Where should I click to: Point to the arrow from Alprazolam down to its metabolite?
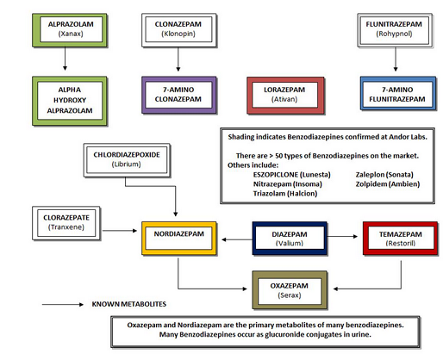click(x=65, y=59)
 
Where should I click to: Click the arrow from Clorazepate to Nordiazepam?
click(x=120, y=231)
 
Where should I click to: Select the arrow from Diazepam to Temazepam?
click(x=342, y=236)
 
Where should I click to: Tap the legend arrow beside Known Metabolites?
click(x=63, y=304)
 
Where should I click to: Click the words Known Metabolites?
click(x=129, y=304)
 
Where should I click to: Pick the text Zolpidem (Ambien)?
click(x=388, y=184)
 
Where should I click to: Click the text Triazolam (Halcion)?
click(x=285, y=194)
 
